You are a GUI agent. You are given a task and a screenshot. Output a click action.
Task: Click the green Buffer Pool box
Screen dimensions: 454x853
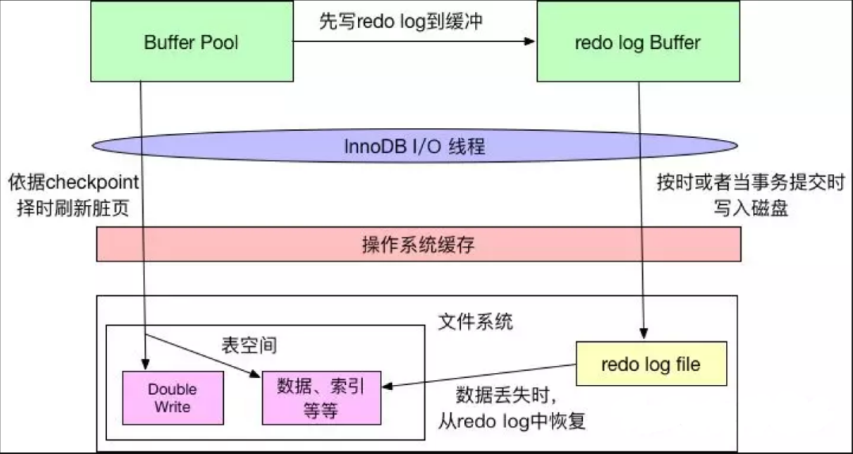point(191,42)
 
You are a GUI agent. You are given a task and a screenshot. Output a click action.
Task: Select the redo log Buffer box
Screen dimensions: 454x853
point(638,42)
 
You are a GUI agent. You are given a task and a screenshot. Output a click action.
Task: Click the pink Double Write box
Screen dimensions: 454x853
point(172,398)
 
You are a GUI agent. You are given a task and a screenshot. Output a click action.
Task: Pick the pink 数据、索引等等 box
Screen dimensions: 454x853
point(320,399)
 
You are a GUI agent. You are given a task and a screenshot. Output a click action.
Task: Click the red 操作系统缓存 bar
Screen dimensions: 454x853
point(418,245)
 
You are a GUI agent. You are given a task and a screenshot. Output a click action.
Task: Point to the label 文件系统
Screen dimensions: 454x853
point(475,321)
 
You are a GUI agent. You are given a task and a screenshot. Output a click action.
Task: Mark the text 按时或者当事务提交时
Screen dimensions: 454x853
point(751,183)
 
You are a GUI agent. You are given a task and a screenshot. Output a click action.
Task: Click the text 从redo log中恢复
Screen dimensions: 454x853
point(512,421)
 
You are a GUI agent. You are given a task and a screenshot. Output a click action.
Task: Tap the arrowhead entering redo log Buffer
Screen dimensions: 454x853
point(531,43)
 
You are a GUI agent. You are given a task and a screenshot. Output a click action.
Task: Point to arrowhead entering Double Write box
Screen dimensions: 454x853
point(145,364)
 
